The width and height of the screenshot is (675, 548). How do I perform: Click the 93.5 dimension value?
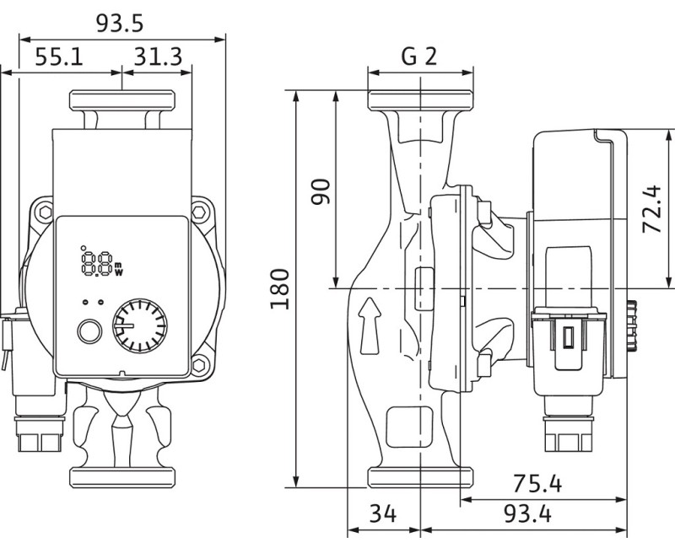pyautogui.click(x=121, y=23)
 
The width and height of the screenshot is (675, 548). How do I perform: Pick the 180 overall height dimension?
pyautogui.click(x=280, y=288)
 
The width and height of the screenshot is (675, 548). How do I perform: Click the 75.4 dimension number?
pyautogui.click(x=537, y=484)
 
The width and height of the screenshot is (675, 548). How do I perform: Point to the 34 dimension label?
pyautogui.click(x=383, y=514)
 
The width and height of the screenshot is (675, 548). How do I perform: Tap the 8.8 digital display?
pyautogui.click(x=100, y=262)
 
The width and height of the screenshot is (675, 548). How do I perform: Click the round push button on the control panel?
pyautogui.click(x=88, y=331)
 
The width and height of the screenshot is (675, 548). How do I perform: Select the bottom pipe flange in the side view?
pyautogui.click(x=419, y=477)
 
